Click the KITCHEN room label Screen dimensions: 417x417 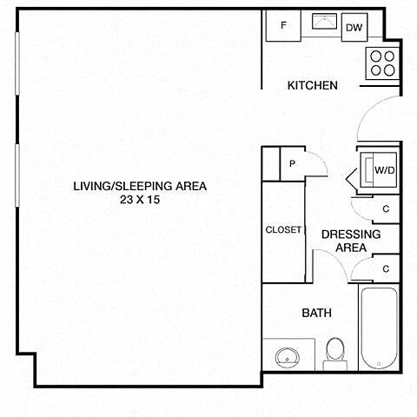coord(313,85)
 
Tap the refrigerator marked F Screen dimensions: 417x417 coord(283,26)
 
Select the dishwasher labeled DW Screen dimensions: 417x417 coord(354,27)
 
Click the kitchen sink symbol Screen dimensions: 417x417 coord(324,21)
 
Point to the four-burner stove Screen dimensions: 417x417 coord(382,63)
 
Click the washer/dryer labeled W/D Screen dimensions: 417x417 coord(378,170)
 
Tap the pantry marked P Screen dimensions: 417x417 coord(292,163)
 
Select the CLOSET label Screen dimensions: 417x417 coord(283,230)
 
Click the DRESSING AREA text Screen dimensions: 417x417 coord(351,241)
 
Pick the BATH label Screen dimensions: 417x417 coord(317,313)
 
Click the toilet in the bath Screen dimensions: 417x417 coord(335,354)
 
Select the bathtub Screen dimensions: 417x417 coord(379,328)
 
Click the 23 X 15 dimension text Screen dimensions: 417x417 coord(140,200)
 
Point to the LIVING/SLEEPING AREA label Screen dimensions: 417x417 coord(140,186)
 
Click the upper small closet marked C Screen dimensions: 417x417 coord(386,209)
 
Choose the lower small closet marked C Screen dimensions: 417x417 coord(386,269)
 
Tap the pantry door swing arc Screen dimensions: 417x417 coord(321,159)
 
